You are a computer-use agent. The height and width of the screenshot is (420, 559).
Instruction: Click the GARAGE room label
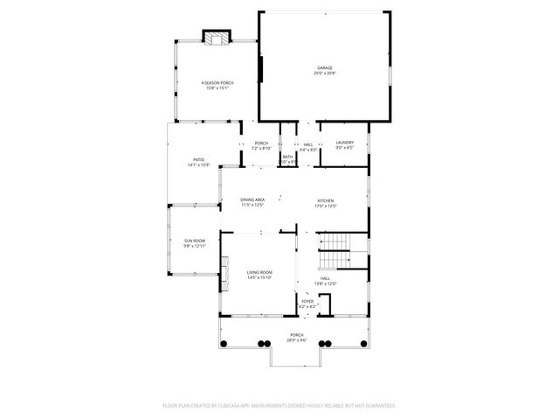(x=324, y=67)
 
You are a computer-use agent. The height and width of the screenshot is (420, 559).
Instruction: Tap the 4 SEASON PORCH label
(x=217, y=82)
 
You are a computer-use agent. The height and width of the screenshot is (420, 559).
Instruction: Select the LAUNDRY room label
(x=343, y=143)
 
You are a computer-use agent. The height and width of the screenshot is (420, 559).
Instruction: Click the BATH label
(x=287, y=157)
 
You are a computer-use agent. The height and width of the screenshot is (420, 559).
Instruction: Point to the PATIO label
(x=198, y=159)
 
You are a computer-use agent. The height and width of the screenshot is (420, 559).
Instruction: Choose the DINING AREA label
(x=252, y=200)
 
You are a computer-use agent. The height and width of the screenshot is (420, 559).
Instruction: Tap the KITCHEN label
(x=326, y=200)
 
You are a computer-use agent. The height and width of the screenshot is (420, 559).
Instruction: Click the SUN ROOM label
(x=194, y=241)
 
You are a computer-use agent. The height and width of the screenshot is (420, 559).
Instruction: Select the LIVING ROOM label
(x=259, y=272)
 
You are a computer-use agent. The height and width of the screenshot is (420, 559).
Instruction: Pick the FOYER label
(x=307, y=301)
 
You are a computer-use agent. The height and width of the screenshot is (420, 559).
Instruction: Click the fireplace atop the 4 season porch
(x=217, y=37)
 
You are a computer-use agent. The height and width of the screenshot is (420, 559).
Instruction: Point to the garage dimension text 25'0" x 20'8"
(x=324, y=73)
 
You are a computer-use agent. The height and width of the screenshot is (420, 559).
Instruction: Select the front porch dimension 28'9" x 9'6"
(x=297, y=340)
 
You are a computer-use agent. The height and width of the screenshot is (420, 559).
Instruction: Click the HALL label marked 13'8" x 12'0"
(x=325, y=278)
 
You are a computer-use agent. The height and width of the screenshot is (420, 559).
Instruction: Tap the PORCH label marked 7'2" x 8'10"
(x=261, y=143)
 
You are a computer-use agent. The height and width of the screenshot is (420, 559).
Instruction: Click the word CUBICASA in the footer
(x=237, y=406)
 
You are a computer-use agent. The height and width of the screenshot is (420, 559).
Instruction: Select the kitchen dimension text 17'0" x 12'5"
(x=326, y=206)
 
